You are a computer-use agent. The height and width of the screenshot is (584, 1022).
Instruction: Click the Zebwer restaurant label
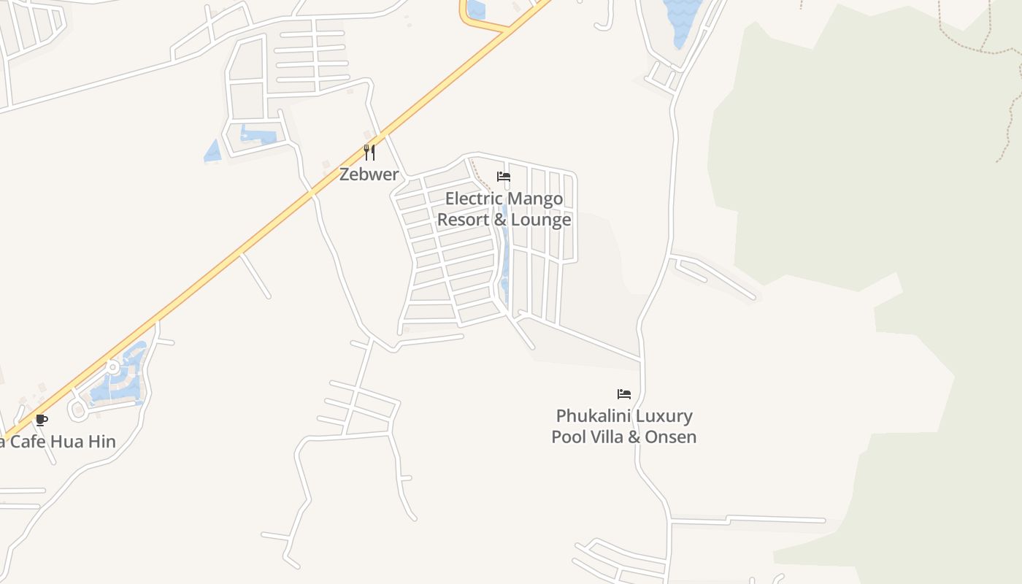click(x=369, y=174)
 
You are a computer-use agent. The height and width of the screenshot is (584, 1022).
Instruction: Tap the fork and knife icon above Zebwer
click(x=369, y=153)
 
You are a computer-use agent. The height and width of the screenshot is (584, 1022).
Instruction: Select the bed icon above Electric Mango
click(x=503, y=177)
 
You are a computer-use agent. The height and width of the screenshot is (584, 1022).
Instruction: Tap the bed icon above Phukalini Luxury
click(x=623, y=394)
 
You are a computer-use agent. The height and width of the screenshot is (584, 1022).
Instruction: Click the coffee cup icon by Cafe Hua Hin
click(x=41, y=420)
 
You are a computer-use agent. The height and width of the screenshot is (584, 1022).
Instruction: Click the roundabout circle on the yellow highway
click(x=112, y=366)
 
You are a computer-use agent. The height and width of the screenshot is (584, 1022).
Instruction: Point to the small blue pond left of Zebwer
click(x=213, y=151)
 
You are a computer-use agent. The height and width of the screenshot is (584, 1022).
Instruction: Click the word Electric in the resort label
click(x=474, y=199)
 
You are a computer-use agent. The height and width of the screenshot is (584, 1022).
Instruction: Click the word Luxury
click(x=664, y=416)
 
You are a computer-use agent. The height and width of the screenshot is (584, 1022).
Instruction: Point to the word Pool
click(x=568, y=437)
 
